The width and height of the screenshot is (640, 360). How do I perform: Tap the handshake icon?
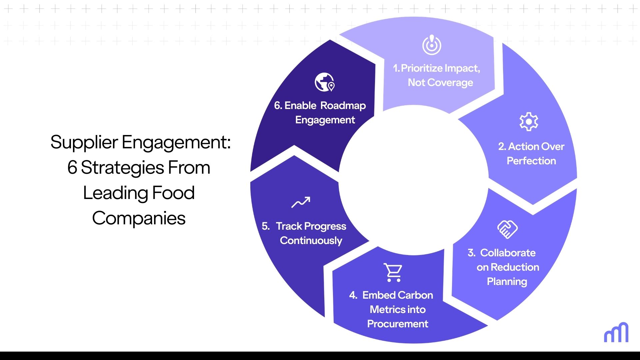click(x=507, y=229)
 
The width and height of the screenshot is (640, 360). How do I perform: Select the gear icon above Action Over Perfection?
click(x=529, y=122)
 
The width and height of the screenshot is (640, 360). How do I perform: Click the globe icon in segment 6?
click(x=324, y=82)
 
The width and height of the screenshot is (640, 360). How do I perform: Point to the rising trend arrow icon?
click(x=301, y=202)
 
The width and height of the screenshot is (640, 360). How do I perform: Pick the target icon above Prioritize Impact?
click(x=432, y=45)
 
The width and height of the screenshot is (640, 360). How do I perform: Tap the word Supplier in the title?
click(x=84, y=142)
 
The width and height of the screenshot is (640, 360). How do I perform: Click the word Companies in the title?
click(x=139, y=218)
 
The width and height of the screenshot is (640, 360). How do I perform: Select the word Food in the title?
click(x=173, y=193)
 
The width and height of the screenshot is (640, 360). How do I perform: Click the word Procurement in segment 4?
click(x=397, y=324)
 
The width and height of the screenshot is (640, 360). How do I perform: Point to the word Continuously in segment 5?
click(x=311, y=241)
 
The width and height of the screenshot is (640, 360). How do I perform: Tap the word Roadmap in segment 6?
click(x=343, y=106)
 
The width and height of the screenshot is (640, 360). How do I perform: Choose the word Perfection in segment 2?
click(x=531, y=161)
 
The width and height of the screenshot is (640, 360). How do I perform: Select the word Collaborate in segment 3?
click(x=508, y=253)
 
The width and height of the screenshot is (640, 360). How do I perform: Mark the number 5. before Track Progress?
click(x=266, y=226)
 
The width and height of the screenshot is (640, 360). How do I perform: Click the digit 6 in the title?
click(x=72, y=168)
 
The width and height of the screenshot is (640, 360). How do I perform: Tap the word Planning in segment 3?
click(x=507, y=282)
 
